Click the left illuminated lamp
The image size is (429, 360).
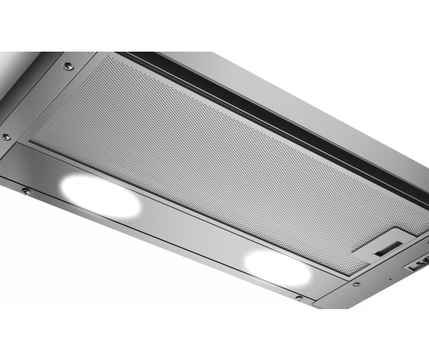100,194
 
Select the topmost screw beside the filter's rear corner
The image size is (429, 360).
68,66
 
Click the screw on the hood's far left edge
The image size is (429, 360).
6,136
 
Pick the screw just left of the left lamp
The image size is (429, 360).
25,191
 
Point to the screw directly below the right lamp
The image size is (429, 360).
297,297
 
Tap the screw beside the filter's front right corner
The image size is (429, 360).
356,284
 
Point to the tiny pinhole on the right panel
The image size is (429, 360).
390,279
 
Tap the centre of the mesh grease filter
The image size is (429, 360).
215,151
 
